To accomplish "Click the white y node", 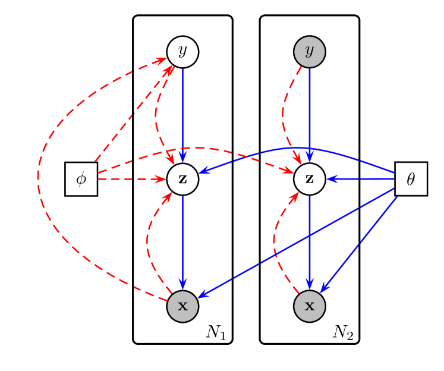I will click(x=182, y=52).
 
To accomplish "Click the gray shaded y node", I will click(x=309, y=52).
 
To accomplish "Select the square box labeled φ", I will click(x=81, y=179).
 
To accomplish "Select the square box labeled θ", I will click(x=411, y=178).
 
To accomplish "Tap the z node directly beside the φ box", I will click(x=182, y=179).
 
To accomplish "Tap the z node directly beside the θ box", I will click(x=309, y=179).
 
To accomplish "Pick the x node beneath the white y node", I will click(x=182, y=306).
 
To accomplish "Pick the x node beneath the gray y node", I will click(x=309, y=306).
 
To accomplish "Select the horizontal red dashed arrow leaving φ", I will click(x=131, y=178).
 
